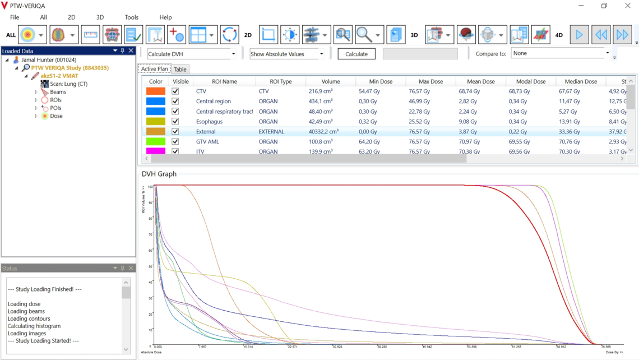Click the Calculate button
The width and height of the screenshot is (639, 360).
(356, 54)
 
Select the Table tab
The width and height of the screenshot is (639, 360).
(180, 70)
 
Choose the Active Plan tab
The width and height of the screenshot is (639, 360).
(154, 69)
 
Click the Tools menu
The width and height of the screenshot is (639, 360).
(131, 17)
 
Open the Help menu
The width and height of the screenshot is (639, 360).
(165, 17)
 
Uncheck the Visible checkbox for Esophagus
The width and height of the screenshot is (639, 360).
(175, 122)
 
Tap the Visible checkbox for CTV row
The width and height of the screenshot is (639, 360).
(175, 91)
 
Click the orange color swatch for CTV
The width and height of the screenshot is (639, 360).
(155, 91)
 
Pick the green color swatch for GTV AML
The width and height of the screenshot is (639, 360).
(155, 142)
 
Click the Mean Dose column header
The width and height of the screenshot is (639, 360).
(480, 81)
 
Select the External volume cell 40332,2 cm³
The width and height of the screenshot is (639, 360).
(324, 132)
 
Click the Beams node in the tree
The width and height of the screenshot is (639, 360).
(58, 92)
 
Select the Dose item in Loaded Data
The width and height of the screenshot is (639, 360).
(56, 116)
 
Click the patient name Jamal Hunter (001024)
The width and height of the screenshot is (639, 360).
(49, 60)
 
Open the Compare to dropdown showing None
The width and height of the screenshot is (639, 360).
(560, 53)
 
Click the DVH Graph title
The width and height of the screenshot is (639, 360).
(159, 174)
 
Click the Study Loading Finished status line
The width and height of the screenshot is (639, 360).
(44, 289)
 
